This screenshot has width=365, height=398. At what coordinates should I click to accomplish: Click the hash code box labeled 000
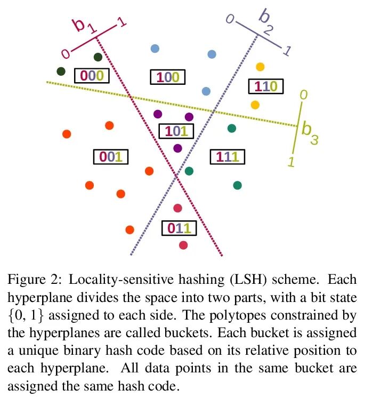pos(91,76)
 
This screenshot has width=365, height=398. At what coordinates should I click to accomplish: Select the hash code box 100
pos(167,77)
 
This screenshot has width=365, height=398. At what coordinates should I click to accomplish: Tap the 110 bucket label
pos(265,86)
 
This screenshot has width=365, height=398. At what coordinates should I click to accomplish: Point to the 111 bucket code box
pos(226,157)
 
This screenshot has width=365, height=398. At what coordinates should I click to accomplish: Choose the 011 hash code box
pos(179,229)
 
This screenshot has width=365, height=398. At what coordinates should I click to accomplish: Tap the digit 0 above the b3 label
pos(303,94)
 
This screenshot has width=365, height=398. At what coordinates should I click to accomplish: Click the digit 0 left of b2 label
pos(230,20)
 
